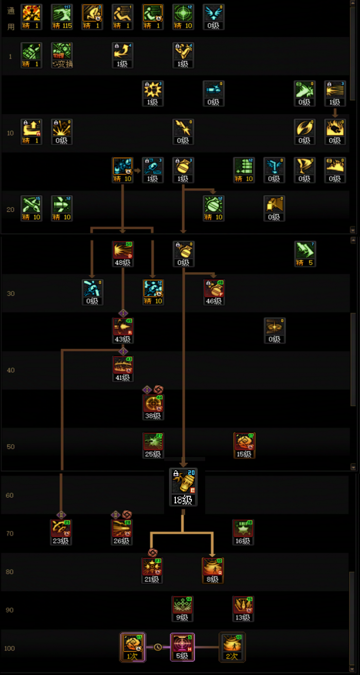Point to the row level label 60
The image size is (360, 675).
10,495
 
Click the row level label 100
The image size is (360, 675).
9,648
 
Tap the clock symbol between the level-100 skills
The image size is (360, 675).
158,647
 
